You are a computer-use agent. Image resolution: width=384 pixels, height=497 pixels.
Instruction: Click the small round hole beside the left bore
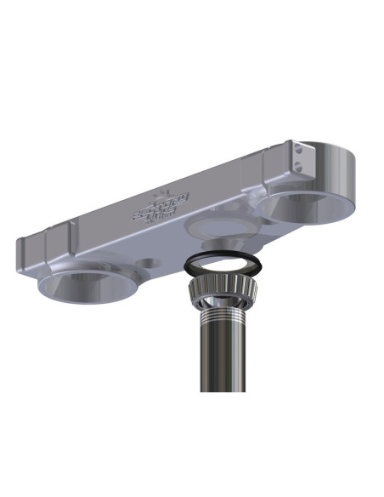coord(150,263)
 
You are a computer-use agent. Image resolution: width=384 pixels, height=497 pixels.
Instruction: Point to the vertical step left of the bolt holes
coord(283,162)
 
